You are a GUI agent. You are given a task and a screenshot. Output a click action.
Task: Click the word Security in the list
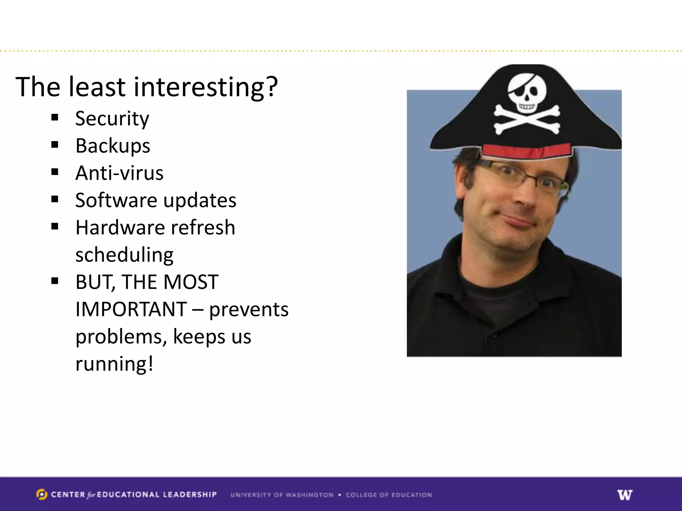point(112,119)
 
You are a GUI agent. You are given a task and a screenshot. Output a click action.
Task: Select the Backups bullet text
point(113,146)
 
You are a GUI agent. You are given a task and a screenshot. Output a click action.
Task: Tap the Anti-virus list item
point(119,173)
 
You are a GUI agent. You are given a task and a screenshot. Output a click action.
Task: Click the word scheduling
point(124,255)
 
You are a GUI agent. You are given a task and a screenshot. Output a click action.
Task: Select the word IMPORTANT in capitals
point(131,309)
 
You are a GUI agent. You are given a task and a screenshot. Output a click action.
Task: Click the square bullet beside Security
point(55,117)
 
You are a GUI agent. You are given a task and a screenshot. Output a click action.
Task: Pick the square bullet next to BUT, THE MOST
point(55,281)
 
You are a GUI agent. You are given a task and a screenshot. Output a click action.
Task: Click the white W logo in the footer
point(625,495)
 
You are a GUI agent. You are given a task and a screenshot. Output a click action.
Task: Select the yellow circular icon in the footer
point(42,494)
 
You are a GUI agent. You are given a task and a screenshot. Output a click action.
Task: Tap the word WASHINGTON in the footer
point(309,495)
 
